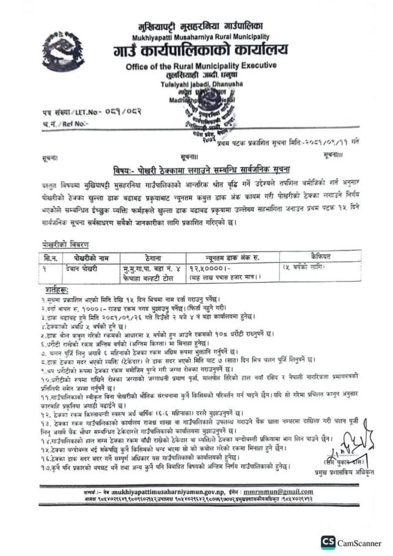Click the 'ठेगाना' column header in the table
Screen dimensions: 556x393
[153, 257]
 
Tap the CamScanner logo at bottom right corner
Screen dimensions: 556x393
[351, 541]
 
